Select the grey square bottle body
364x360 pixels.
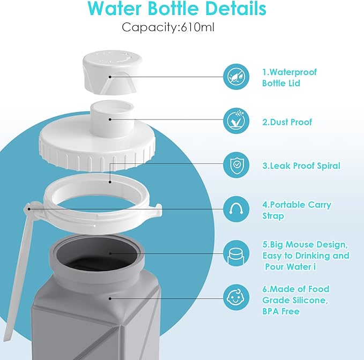[96, 316]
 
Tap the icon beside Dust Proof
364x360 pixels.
[236, 122]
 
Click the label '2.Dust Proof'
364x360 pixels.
[287, 122]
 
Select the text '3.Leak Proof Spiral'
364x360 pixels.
[301, 166]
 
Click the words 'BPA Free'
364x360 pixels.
[280, 311]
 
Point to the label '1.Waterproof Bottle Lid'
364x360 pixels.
[289, 78]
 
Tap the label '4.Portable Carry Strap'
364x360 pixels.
[296, 210]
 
